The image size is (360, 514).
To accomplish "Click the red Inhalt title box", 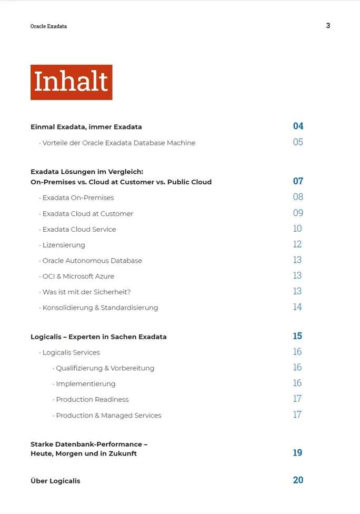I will click(x=71, y=82).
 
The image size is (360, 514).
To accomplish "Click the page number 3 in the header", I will click(x=328, y=25).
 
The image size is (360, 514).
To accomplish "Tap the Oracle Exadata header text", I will click(x=48, y=26).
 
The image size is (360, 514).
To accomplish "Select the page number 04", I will click(x=298, y=126).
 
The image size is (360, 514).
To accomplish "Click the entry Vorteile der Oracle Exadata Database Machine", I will click(x=118, y=143).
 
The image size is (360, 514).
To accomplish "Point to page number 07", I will click(x=298, y=181).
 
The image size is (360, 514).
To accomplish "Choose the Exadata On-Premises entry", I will click(x=78, y=197).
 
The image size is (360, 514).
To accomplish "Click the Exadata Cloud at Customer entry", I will click(x=87, y=213).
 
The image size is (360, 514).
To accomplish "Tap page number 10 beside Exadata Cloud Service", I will click(x=297, y=229).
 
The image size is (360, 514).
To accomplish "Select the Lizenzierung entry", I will click(x=63, y=245).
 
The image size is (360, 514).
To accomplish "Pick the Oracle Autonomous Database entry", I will click(x=92, y=261).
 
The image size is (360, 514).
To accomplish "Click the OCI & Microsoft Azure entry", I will click(x=78, y=276).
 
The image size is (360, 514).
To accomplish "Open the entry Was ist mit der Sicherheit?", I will click(x=86, y=292).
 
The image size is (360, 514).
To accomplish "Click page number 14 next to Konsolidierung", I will click(x=297, y=307).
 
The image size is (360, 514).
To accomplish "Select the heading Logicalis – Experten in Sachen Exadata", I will click(x=98, y=337).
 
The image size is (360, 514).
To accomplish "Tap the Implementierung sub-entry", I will click(x=85, y=384).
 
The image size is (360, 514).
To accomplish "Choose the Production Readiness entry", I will click(x=92, y=400).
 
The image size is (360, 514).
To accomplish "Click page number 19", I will click(x=297, y=453).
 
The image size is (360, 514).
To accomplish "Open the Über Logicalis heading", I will click(x=55, y=481).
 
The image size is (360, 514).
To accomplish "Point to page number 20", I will click(x=298, y=480).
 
